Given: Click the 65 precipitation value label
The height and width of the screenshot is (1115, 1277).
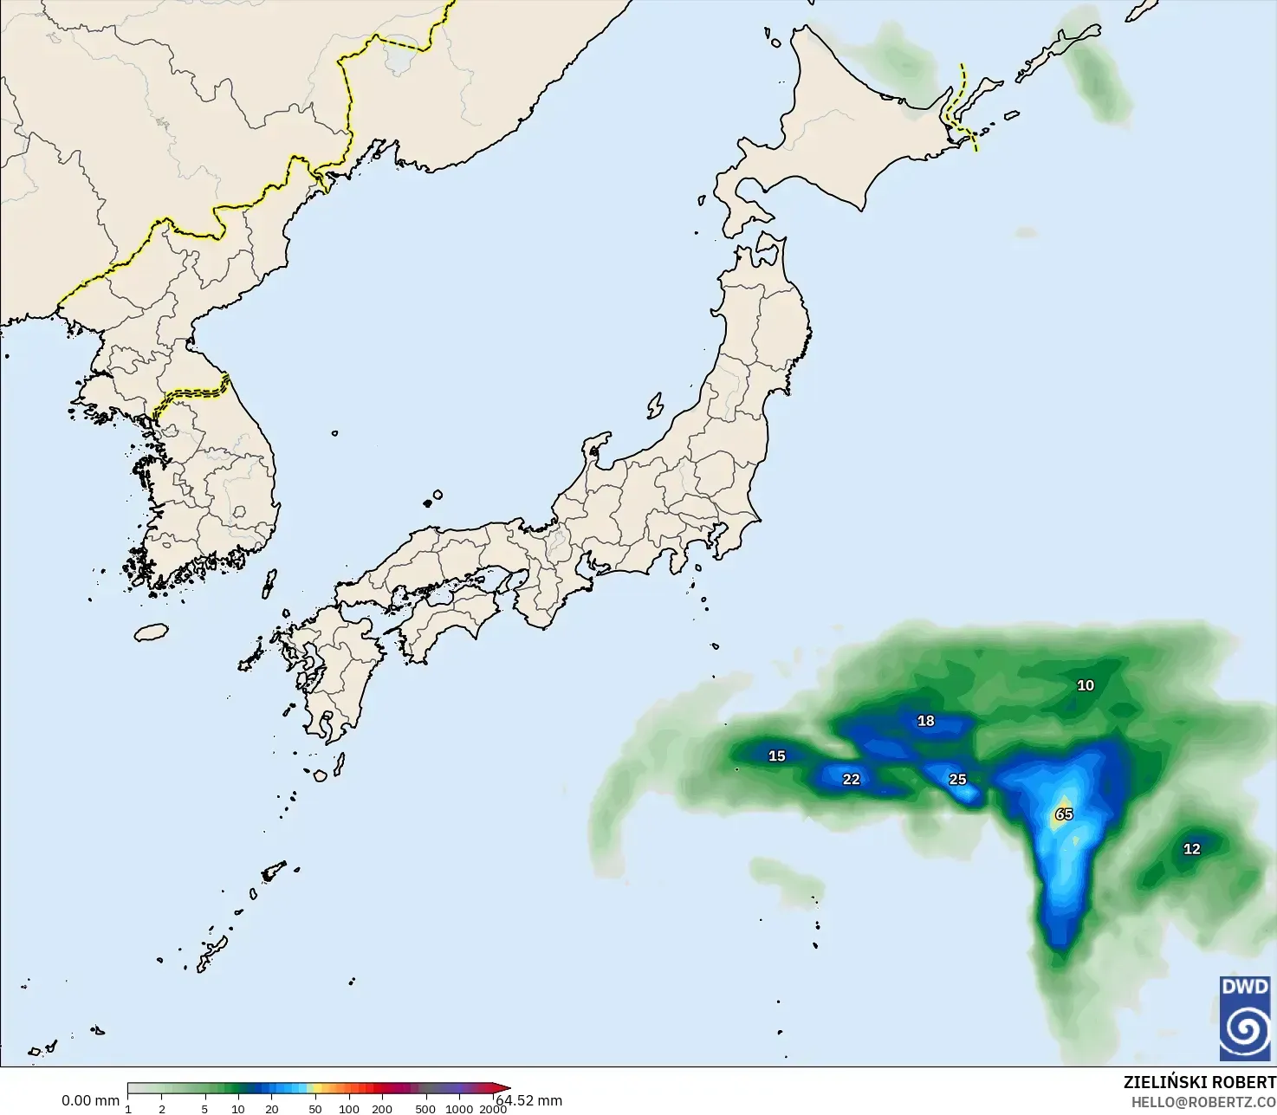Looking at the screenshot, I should [x=1064, y=814].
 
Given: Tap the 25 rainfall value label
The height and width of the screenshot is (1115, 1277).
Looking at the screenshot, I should [x=957, y=780].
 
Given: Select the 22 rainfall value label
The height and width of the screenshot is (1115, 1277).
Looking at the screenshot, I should [x=852, y=780].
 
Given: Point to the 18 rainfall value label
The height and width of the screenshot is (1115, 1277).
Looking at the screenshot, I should [x=926, y=721].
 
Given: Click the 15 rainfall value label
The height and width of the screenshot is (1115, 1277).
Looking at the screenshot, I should [x=777, y=756].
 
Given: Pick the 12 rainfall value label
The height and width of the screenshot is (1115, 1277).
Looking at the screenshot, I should [x=1192, y=849].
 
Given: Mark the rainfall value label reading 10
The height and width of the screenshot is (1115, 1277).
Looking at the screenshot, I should [x=1086, y=685].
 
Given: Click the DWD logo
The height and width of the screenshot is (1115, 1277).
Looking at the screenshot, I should [x=1245, y=1018].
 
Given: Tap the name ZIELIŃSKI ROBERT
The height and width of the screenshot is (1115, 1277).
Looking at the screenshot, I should [x=1199, y=1083].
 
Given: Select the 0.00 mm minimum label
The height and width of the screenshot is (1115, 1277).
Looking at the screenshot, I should [x=90, y=1101].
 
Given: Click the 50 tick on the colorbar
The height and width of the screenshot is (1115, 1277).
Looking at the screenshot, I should [x=315, y=1109].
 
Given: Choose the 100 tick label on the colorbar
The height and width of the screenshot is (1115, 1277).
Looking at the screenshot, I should [x=349, y=1109].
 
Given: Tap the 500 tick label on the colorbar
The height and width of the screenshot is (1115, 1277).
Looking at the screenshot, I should [x=425, y=1109].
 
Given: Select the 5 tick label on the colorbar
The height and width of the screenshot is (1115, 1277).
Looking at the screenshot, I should [x=204, y=1109].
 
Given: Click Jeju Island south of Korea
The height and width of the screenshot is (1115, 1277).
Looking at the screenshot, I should [x=152, y=632].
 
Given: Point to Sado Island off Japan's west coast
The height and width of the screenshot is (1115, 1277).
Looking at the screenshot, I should [x=655, y=405].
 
